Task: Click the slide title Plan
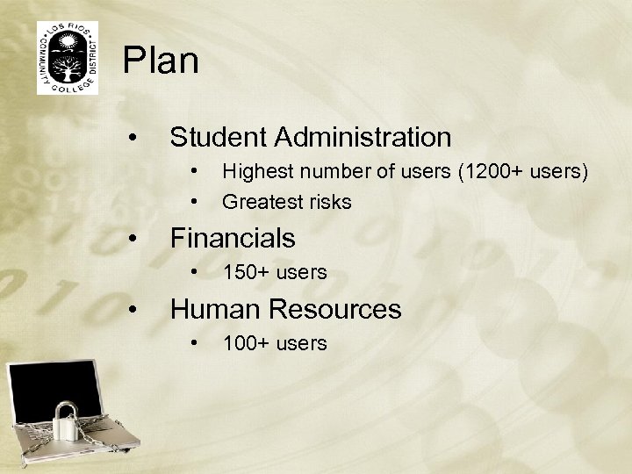tap(161, 61)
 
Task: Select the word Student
tap(219, 137)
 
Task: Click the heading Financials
tap(233, 238)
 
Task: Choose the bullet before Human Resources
tap(131, 311)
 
